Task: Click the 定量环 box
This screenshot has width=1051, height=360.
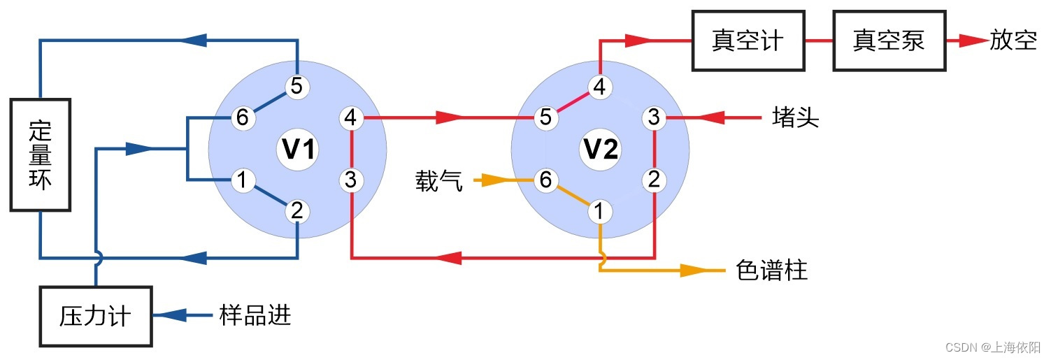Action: pyautogui.click(x=41, y=154)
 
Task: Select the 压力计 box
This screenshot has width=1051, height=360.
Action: pyautogui.click(x=96, y=317)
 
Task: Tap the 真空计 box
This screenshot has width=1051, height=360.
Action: pyautogui.click(x=748, y=41)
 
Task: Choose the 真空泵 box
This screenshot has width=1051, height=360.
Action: pyautogui.click(x=889, y=41)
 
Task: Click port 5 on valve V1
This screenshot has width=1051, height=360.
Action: pyautogui.click(x=296, y=87)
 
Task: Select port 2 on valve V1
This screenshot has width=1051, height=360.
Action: pyautogui.click(x=296, y=210)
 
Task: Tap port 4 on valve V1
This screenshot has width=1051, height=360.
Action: pyautogui.click(x=351, y=118)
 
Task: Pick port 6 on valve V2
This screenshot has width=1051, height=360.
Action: pyautogui.click(x=545, y=180)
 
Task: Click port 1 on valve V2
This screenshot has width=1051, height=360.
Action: pyautogui.click(x=599, y=210)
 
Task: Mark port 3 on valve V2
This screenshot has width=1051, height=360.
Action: pyautogui.click(x=654, y=118)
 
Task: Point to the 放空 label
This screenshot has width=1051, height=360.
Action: pyautogui.click(x=1013, y=41)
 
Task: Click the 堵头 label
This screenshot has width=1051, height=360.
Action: pyautogui.click(x=795, y=118)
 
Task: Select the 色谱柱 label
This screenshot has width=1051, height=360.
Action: pyautogui.click(x=772, y=271)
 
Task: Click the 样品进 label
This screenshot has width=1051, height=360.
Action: pyautogui.click(x=255, y=317)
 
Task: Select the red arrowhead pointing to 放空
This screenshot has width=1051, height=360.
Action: pyautogui.click(x=972, y=41)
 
